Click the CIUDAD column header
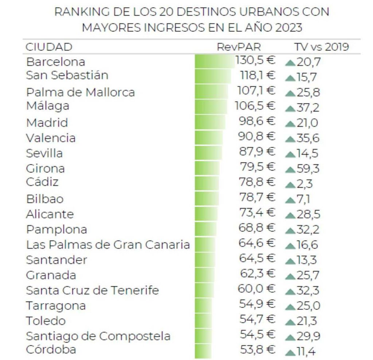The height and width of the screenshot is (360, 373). [49, 47]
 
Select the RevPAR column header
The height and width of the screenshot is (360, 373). [239, 47]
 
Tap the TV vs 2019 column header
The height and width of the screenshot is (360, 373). [321, 47]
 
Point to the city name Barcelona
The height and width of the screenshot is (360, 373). [55, 62]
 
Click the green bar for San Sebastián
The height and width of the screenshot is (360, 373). [213, 76]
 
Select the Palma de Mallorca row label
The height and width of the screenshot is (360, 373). [80, 92]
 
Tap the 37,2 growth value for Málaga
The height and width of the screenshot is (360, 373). [309, 108]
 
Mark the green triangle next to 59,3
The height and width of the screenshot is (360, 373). [290, 170]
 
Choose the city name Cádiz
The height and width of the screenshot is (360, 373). [42, 181]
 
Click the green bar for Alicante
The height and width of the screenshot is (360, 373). [206, 213]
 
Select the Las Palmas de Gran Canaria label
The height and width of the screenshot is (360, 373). [108, 245]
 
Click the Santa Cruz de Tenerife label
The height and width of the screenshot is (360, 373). [93, 290]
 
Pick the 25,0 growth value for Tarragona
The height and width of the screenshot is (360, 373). [309, 306]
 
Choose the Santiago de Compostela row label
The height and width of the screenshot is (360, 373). [98, 336]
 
